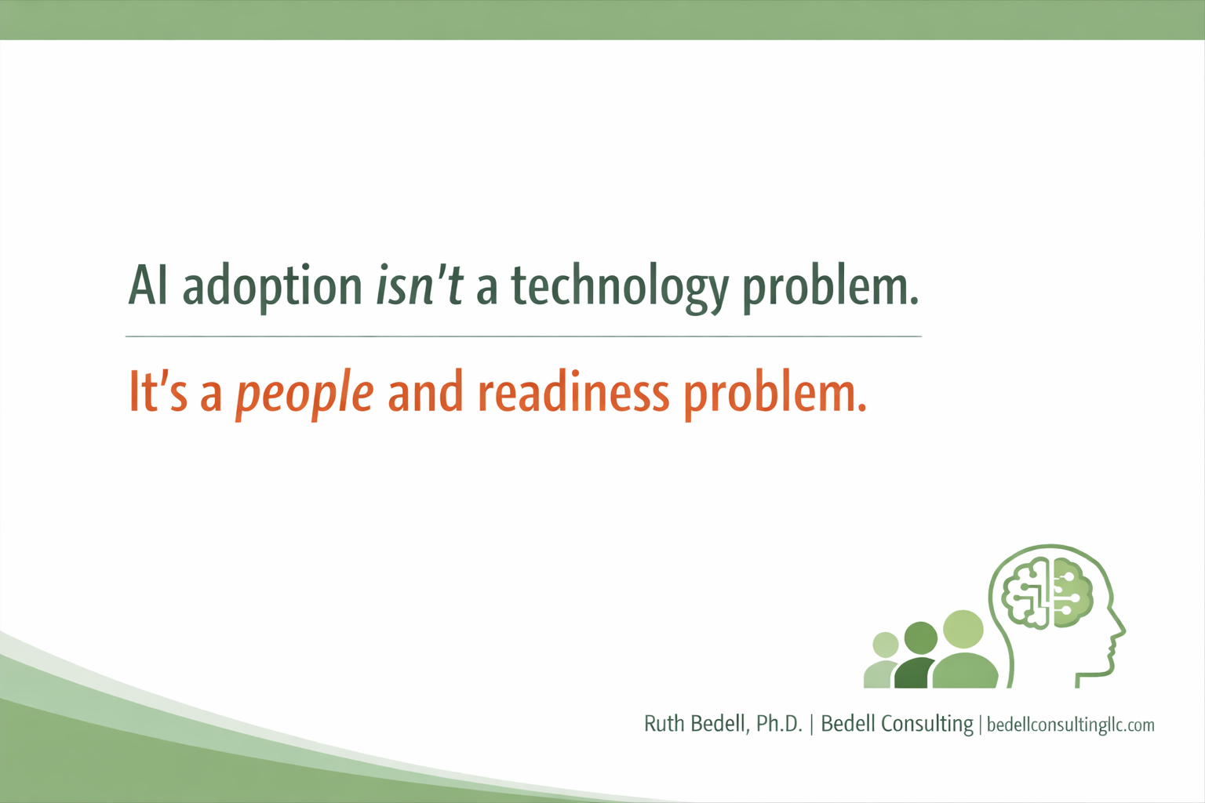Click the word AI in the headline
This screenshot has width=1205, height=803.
tap(148, 285)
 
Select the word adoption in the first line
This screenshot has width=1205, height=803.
tap(272, 287)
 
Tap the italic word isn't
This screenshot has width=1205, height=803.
tap(420, 285)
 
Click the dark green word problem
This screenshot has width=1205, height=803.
tap(830, 287)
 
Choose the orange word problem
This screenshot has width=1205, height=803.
tap(775, 394)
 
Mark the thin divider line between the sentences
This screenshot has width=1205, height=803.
tap(523, 336)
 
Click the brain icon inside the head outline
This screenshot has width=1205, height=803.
tap(1048, 593)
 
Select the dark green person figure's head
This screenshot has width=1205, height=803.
tap(920, 638)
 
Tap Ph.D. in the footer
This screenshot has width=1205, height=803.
tap(779, 724)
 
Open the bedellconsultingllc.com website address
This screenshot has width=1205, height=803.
tap(1070, 725)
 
